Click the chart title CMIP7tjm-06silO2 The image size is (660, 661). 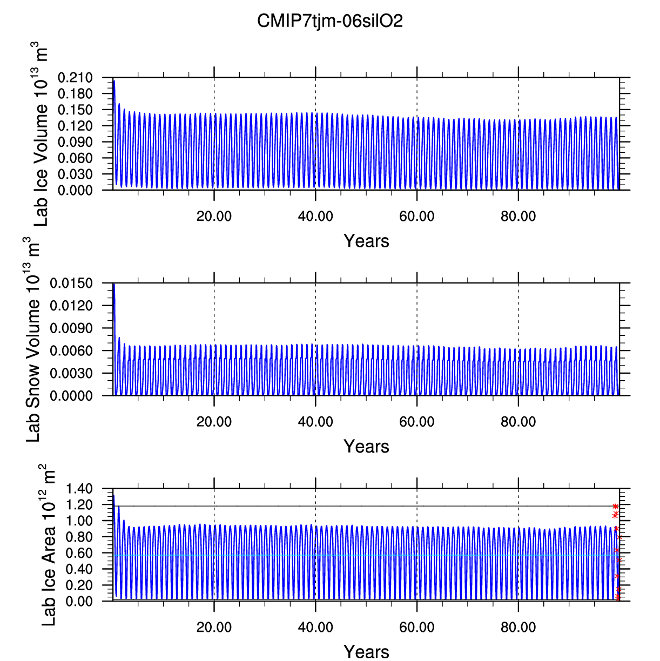[x=330, y=21]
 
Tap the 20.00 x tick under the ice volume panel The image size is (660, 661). [x=214, y=217]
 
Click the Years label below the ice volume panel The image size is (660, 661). [x=366, y=241]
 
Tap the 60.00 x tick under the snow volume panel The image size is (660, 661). [x=416, y=422]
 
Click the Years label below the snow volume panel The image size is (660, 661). [x=366, y=447]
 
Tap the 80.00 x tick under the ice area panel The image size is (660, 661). [x=518, y=628]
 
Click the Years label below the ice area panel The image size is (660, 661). [x=366, y=652]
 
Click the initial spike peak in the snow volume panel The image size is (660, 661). [x=114, y=284]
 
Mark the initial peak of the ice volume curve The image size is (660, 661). [x=114, y=80]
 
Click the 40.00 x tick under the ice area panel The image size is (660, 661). [x=315, y=628]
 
